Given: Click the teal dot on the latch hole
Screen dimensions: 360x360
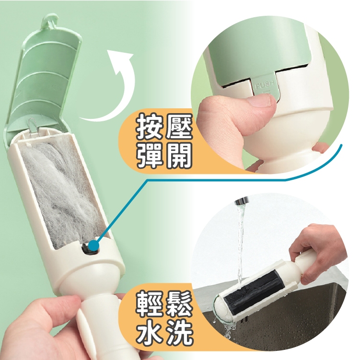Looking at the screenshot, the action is click(93, 245).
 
